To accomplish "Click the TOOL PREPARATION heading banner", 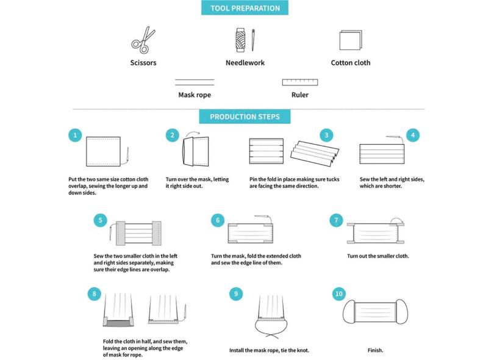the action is pyautogui.click(x=245, y=8).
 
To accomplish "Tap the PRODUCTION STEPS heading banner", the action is pyautogui.click(x=245, y=117).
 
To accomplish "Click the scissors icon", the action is pyautogui.click(x=143, y=40).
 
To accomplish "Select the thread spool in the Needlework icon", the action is pyautogui.click(x=240, y=40).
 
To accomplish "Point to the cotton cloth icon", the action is pyautogui.click(x=351, y=40).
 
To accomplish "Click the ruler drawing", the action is pyautogui.click(x=300, y=82).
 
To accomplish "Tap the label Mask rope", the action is pyautogui.click(x=195, y=95).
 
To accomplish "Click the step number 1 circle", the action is pyautogui.click(x=75, y=135).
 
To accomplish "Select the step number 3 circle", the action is pyautogui.click(x=326, y=135).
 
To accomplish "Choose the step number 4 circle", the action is pyautogui.click(x=413, y=135).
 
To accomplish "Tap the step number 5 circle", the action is pyautogui.click(x=100, y=220).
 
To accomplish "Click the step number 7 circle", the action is pyautogui.click(x=336, y=220).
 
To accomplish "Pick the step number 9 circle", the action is pyautogui.click(x=236, y=294).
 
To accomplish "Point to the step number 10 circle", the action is pyautogui.click(x=338, y=294).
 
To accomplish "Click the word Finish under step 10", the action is pyautogui.click(x=375, y=350).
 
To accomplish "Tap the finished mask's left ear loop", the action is pyautogui.click(x=343, y=312).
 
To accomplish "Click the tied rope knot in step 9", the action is pyautogui.click(x=269, y=335).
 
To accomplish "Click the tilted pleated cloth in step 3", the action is pyautogui.click(x=315, y=154).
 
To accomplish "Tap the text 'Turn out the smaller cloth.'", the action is pyautogui.click(x=378, y=256).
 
